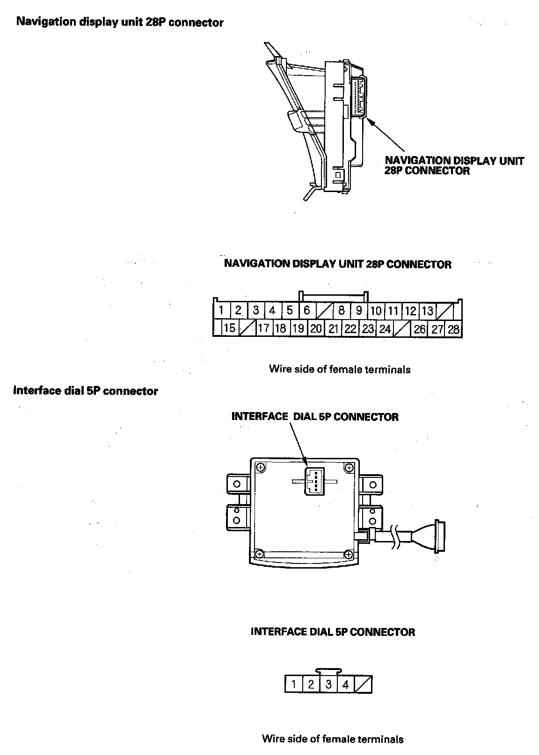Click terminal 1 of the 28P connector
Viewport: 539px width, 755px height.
(x=221, y=310)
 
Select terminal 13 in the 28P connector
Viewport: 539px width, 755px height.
(x=428, y=311)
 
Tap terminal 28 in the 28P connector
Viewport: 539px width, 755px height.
(x=453, y=329)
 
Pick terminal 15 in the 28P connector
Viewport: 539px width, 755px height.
(x=229, y=328)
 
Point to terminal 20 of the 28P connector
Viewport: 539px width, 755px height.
(x=316, y=328)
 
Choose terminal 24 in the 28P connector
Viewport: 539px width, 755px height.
(x=385, y=329)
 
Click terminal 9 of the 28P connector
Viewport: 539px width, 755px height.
(x=359, y=311)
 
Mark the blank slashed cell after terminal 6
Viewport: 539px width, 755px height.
(x=324, y=311)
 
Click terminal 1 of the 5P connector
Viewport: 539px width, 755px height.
(x=293, y=685)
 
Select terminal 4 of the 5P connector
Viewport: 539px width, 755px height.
(x=346, y=685)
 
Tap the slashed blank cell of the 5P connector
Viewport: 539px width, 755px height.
(x=364, y=685)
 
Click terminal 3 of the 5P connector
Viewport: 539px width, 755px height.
(x=328, y=685)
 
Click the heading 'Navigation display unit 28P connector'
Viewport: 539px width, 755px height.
(x=120, y=22)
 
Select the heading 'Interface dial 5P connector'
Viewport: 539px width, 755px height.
(x=86, y=391)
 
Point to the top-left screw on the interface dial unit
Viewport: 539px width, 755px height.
(x=261, y=467)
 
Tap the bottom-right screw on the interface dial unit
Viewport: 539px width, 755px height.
(x=348, y=554)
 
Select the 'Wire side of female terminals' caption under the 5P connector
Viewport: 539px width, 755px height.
(x=332, y=739)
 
